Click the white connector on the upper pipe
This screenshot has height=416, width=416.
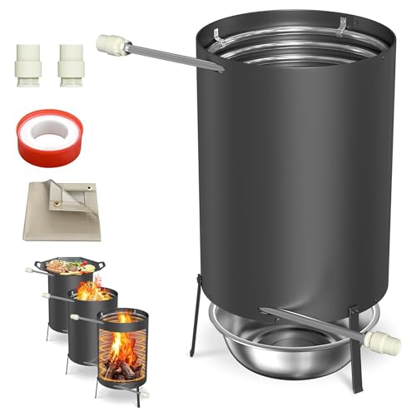(x=111, y=42)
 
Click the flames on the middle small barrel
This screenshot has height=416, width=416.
(x=93, y=290)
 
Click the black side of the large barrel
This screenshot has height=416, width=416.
(x=283, y=183)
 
